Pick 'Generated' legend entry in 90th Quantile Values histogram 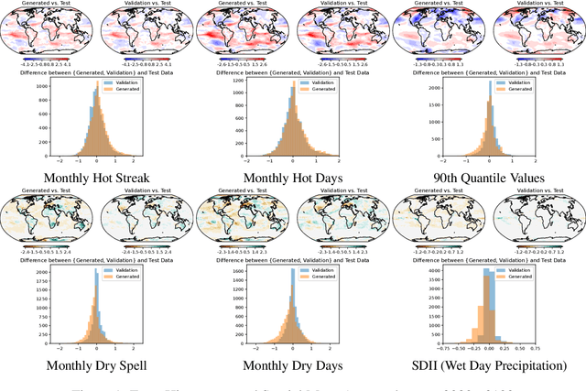tap(518, 89)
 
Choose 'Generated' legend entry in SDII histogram tap(518, 279)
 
